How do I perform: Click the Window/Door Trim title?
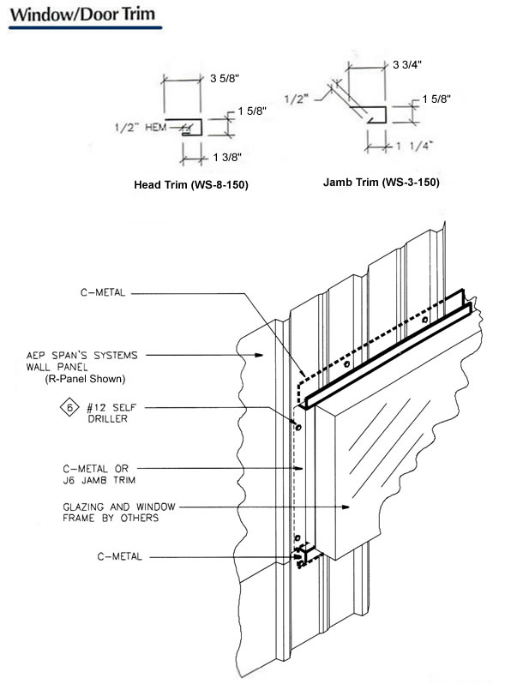pyautogui.click(x=82, y=15)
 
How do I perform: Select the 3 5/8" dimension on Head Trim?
pyautogui.click(x=225, y=79)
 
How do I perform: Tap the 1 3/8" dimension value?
pyautogui.click(x=227, y=157)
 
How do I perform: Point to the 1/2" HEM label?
pyautogui.click(x=140, y=127)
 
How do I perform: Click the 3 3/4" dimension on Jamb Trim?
pyautogui.click(x=406, y=65)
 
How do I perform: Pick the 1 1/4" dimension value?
pyautogui.click(x=415, y=145)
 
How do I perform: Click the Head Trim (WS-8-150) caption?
pyautogui.click(x=191, y=185)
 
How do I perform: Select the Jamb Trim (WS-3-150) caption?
pyautogui.click(x=381, y=183)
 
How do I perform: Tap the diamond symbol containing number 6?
pyautogui.click(x=69, y=408)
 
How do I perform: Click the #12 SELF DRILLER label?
pyautogui.click(x=111, y=413)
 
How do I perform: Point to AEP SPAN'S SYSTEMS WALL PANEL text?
pyautogui.click(x=82, y=361)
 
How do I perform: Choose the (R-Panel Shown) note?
pyautogui.click(x=85, y=379)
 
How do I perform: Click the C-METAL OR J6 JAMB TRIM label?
pyautogui.click(x=99, y=475)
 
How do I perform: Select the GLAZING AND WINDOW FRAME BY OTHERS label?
pyautogui.click(x=118, y=513)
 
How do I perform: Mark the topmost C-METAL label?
pyautogui.click(x=103, y=292)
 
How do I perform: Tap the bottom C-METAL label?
pyautogui.click(x=119, y=556)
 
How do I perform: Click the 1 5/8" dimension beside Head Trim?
pyautogui.click(x=252, y=111)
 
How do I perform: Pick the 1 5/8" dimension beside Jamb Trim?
pyautogui.click(x=436, y=99)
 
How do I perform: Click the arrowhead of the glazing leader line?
pyautogui.click(x=346, y=507)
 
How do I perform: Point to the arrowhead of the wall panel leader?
pyautogui.click(x=259, y=355)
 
